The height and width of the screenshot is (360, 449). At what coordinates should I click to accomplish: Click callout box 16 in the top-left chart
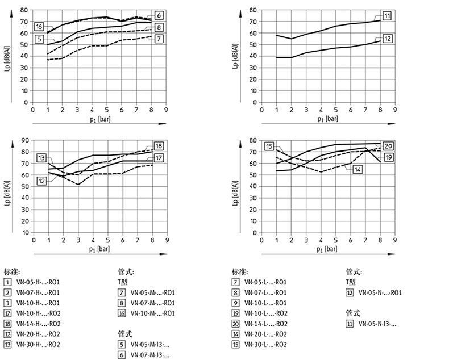tap(39, 27)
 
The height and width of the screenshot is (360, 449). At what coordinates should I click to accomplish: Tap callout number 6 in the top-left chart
tap(159, 15)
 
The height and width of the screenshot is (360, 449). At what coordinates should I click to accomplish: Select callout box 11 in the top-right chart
tap(386, 15)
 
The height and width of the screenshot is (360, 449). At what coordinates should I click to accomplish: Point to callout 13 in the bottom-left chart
tap(42, 157)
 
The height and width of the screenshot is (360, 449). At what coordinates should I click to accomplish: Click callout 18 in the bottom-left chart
tap(159, 146)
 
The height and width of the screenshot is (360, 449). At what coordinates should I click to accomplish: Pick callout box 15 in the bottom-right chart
tap(269, 146)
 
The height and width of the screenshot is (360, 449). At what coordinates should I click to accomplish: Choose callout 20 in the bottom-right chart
tap(389, 146)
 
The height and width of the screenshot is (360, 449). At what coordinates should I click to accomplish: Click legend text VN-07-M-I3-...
tap(151, 354)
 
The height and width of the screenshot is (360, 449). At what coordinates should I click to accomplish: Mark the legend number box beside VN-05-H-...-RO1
tap(7, 282)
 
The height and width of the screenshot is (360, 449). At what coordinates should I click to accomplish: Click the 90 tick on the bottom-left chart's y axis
tap(25, 140)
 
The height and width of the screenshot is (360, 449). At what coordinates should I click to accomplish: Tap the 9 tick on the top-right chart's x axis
tap(394, 110)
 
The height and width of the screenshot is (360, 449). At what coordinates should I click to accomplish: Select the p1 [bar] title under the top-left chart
tap(97, 119)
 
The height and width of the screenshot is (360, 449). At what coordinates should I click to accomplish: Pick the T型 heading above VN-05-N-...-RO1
tap(351, 282)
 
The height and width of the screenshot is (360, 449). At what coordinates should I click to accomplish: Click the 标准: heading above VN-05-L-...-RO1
tap(239, 271)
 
